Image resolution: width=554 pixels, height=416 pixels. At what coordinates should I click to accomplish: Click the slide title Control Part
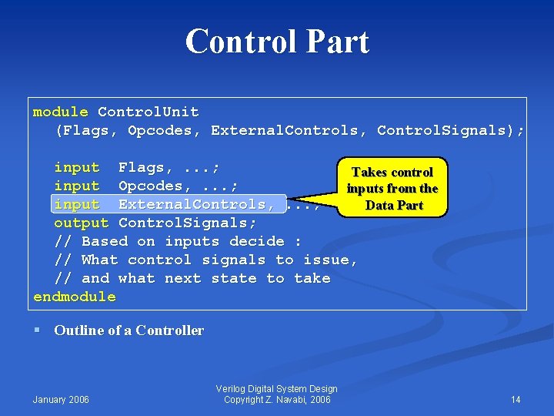(x=277, y=42)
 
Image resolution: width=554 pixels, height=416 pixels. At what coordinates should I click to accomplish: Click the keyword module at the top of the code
(x=60, y=112)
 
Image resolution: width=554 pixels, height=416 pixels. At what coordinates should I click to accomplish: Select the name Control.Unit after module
(x=148, y=112)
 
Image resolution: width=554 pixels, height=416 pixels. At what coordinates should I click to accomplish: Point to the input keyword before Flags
(x=76, y=168)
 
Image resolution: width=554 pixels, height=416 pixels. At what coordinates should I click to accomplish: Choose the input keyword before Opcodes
(x=76, y=186)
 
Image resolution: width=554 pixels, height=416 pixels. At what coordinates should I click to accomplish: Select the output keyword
(x=81, y=223)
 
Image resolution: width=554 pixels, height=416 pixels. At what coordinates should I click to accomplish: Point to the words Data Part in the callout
(x=394, y=206)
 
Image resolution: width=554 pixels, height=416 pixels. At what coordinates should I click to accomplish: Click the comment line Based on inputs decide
(x=178, y=242)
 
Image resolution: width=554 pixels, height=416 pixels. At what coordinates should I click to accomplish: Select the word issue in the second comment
(x=326, y=260)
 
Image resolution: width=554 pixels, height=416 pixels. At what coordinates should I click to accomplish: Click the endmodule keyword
(x=75, y=297)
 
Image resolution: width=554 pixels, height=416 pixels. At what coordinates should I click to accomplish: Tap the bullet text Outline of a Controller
(x=128, y=331)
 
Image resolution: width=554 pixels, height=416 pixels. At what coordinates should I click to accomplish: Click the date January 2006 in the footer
(x=61, y=399)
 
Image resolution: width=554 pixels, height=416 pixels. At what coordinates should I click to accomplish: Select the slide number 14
(x=516, y=399)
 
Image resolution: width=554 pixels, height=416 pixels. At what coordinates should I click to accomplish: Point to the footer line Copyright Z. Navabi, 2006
(x=277, y=399)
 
